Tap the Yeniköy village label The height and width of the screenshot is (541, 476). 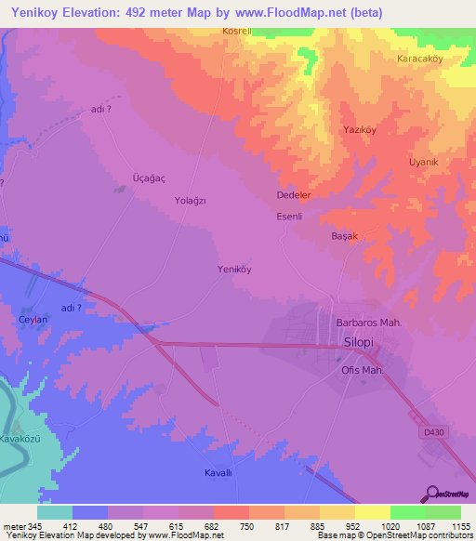[235, 270]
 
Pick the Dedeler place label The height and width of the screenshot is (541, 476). [294, 196]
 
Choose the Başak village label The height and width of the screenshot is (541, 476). [345, 236]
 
